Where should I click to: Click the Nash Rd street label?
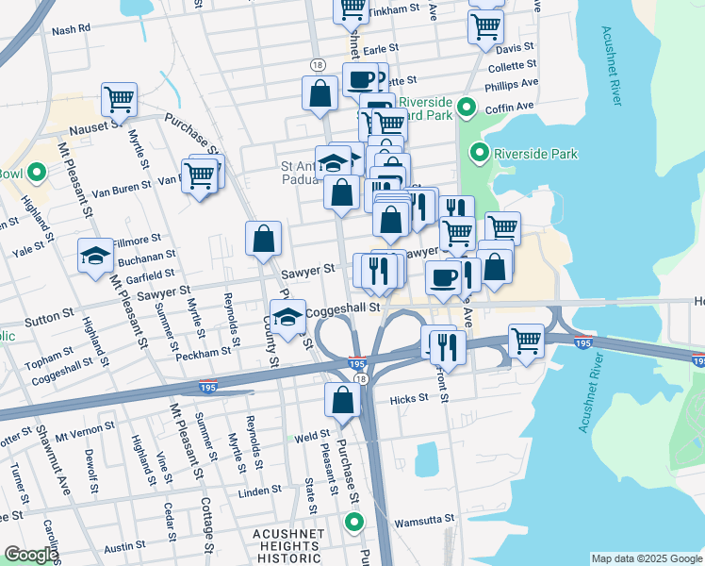(x=71, y=29)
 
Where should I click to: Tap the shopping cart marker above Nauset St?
(x=120, y=98)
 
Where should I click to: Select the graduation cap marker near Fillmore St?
(x=96, y=256)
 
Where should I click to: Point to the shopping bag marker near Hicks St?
(x=343, y=400)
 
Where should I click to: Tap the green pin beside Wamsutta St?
(x=354, y=522)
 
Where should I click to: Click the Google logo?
(x=30, y=555)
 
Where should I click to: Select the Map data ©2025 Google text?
(x=647, y=558)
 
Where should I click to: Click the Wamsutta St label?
(x=423, y=519)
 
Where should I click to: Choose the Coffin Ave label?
(x=510, y=108)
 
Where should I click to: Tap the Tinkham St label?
(x=393, y=8)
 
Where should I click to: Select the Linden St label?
(x=260, y=491)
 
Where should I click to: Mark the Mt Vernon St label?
(x=85, y=425)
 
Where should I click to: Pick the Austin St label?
(x=124, y=547)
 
